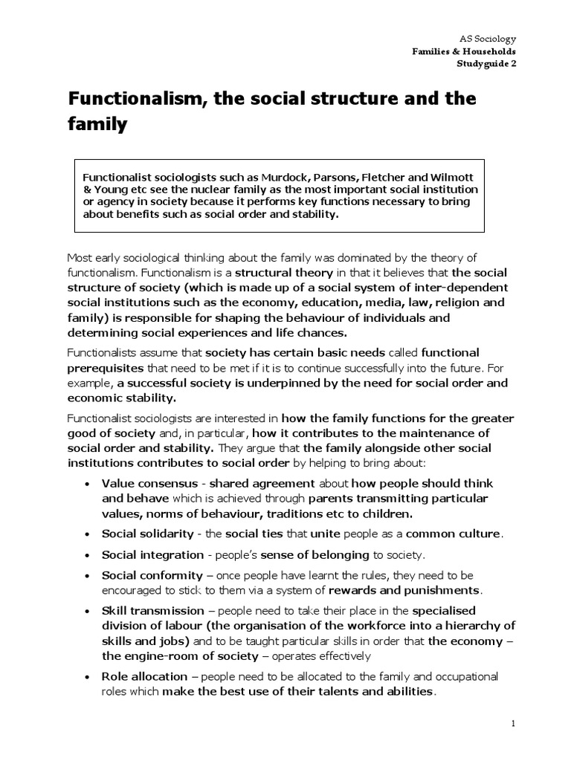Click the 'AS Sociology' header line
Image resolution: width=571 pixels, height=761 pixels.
pos(488,38)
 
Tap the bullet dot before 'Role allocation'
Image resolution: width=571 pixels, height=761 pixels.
pos(88,677)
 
